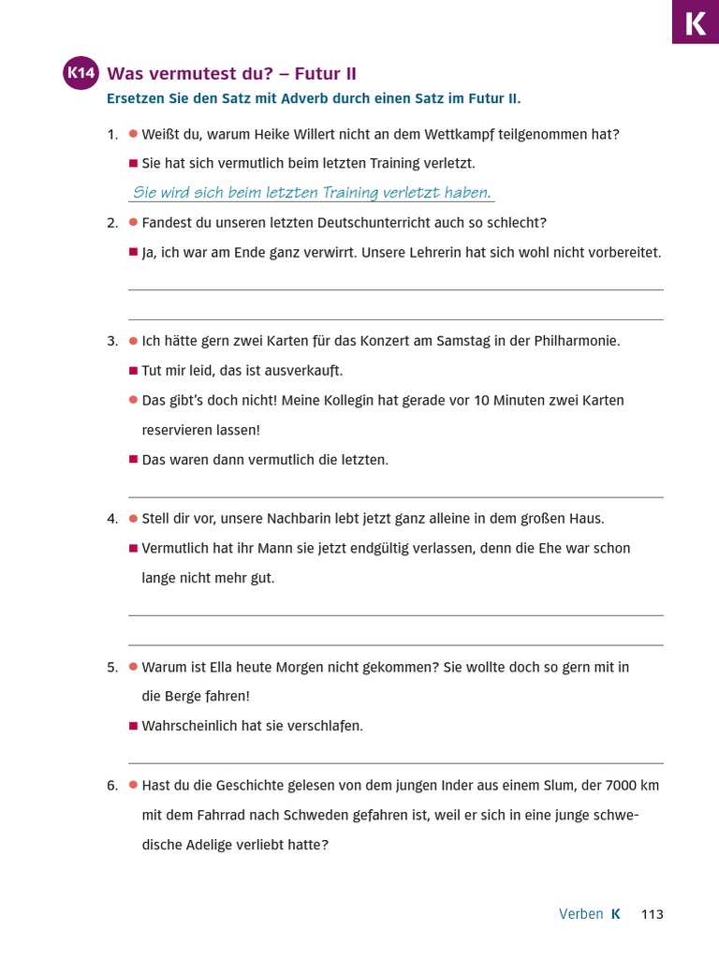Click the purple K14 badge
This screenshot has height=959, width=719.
click(81, 74)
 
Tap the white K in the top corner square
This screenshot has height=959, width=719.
click(696, 22)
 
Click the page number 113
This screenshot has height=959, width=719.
click(652, 914)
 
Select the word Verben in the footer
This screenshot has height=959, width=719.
click(580, 914)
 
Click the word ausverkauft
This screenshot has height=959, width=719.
click(302, 371)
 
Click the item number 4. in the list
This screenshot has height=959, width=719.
click(112, 519)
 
